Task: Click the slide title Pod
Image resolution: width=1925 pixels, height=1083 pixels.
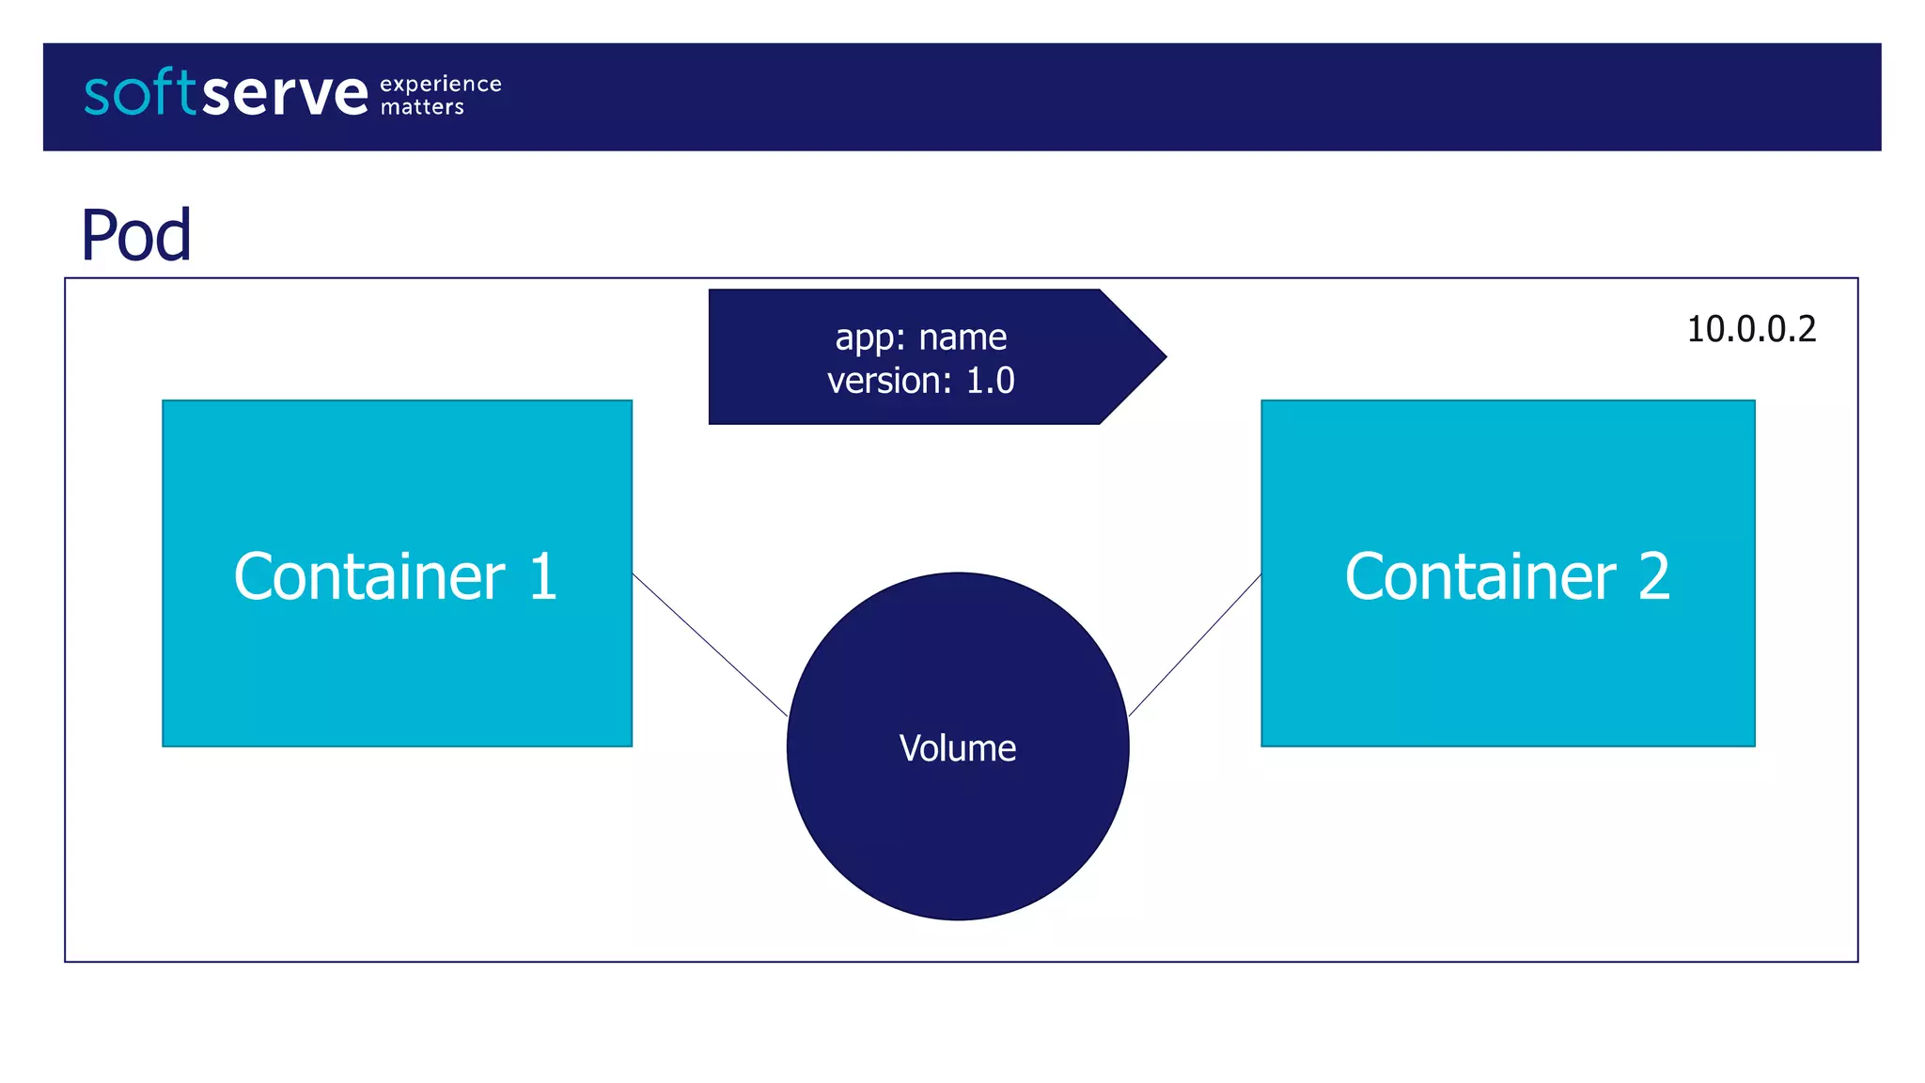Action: coord(136,235)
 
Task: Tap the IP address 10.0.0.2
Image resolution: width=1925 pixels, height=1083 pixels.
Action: coord(1751,329)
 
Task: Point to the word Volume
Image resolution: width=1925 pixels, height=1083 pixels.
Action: coord(958,748)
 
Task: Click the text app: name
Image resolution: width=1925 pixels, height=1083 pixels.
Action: coord(921,337)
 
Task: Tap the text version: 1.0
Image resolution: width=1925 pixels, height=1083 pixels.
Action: coord(921,381)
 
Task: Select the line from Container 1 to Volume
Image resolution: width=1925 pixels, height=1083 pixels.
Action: coord(710,645)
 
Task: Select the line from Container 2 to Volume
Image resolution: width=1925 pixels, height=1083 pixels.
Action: coord(1195,646)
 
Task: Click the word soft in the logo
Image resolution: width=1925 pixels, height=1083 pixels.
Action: coord(141,93)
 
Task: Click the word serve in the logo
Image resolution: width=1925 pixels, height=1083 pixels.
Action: coord(285,95)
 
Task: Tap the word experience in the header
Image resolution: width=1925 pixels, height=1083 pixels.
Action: coord(441,85)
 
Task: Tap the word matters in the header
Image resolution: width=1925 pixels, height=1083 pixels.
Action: coord(422,107)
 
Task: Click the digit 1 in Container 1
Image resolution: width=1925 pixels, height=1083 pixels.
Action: coord(543,576)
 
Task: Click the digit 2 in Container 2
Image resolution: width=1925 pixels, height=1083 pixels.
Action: coord(1654,576)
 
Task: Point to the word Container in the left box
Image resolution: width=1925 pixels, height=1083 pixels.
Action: coord(369,576)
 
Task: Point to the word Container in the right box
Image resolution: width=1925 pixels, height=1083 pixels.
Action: coord(1480,576)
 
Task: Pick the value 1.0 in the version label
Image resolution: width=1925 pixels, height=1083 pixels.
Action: coord(991,381)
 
